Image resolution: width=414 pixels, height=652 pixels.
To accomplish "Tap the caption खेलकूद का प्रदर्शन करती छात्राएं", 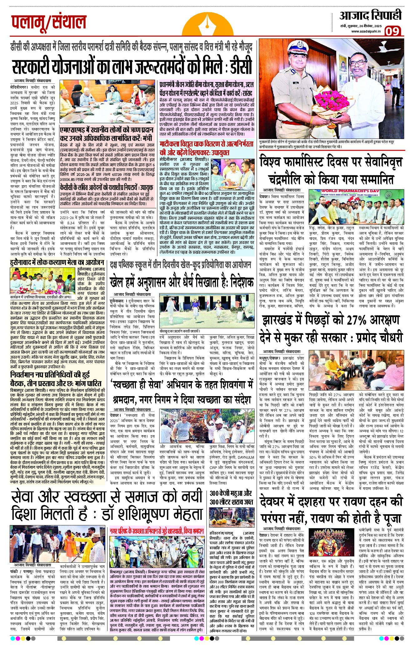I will point(179,330).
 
